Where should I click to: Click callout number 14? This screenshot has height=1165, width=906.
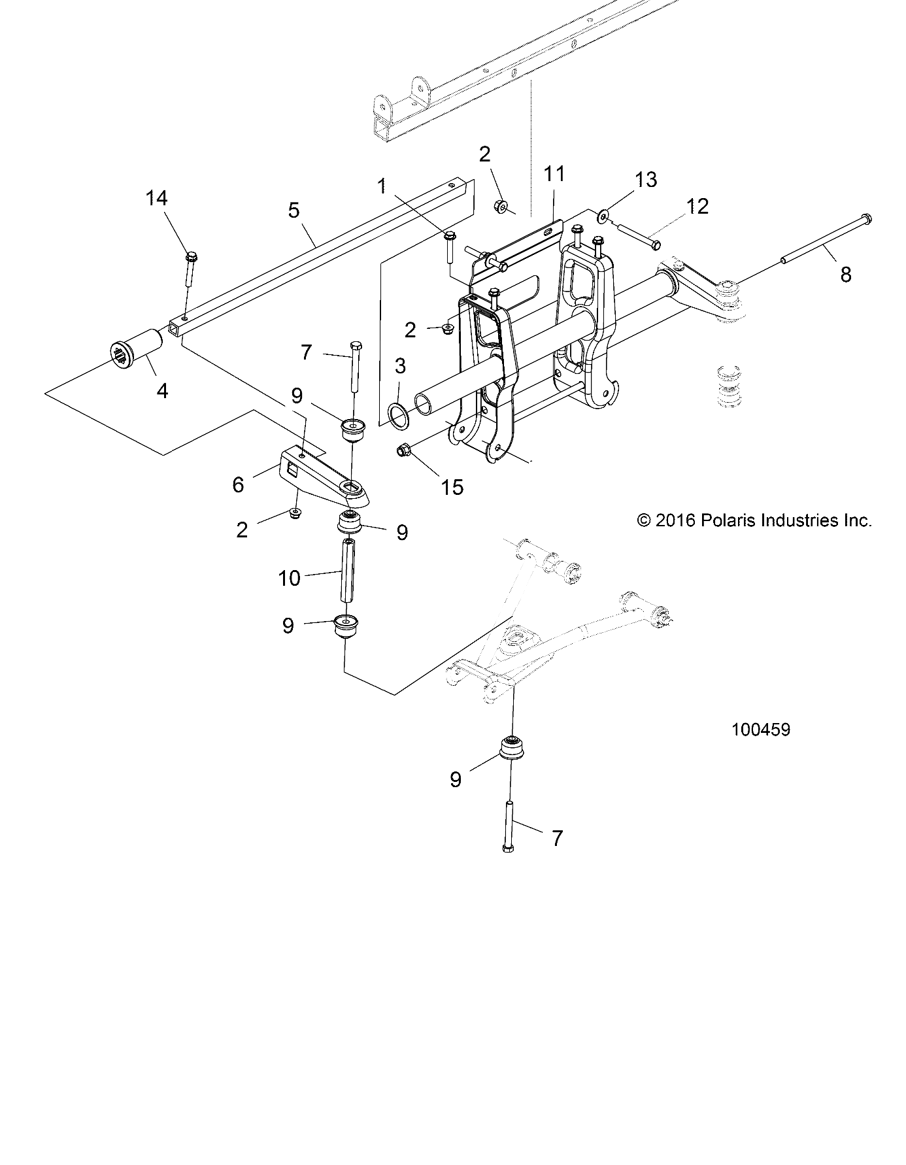(156, 198)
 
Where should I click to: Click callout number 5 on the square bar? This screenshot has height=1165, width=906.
(294, 211)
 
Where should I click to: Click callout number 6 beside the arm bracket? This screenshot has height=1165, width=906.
(238, 484)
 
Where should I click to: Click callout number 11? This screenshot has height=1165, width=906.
(554, 175)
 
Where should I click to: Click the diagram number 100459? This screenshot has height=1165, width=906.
(761, 730)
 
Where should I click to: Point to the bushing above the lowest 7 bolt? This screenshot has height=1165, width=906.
(511, 749)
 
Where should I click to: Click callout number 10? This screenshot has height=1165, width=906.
(290, 578)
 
